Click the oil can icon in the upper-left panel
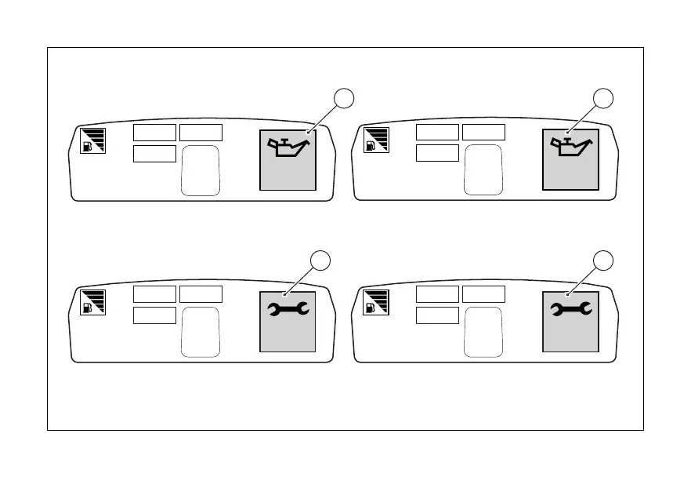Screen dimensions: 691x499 click(x=288, y=148)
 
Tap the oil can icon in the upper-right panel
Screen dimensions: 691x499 click(x=570, y=148)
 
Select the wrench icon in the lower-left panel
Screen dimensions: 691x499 click(x=288, y=311)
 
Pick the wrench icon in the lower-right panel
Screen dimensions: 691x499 click(x=570, y=311)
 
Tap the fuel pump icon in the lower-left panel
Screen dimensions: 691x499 click(x=87, y=308)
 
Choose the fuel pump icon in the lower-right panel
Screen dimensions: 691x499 click(x=370, y=308)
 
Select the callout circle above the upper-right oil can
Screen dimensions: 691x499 click(x=602, y=98)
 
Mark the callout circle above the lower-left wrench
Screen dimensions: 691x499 click(x=320, y=260)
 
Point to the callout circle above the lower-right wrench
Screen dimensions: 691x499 click(x=602, y=260)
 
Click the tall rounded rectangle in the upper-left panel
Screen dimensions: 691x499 click(x=201, y=169)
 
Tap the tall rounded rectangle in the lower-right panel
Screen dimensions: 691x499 click(x=483, y=332)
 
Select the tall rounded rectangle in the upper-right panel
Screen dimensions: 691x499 click(x=483, y=169)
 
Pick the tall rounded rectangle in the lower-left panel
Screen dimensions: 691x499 click(x=201, y=332)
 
